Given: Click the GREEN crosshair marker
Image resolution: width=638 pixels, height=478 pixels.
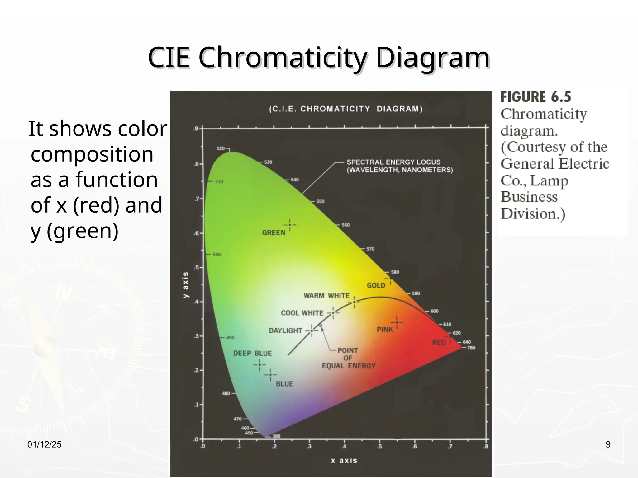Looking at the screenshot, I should point(290,225).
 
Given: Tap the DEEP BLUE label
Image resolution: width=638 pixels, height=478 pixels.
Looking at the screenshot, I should point(252,354).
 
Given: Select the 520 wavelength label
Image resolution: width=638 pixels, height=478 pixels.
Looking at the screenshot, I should point(221,148).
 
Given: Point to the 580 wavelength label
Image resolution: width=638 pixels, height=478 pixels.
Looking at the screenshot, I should point(395,272).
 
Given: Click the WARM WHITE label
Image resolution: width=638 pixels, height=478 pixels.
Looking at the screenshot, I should point(326,296).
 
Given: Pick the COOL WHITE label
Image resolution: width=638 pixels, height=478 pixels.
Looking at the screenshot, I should point(302,313).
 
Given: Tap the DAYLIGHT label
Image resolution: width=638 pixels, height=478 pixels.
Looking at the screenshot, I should point(285,330).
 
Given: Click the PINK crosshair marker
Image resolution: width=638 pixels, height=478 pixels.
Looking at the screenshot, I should point(397,322).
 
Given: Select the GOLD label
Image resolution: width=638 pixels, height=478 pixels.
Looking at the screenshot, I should point(376,285).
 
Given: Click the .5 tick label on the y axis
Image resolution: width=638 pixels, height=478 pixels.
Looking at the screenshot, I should point(196,268).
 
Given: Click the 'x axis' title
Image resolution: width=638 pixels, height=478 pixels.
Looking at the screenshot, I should point(344,461).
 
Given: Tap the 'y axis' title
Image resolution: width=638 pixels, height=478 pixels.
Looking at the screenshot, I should point(186,285).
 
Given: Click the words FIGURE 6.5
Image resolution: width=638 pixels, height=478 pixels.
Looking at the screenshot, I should point(536,97).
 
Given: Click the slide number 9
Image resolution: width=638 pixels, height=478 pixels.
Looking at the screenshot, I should point(608,444).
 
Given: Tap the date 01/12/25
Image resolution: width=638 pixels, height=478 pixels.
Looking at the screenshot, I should point(44,444).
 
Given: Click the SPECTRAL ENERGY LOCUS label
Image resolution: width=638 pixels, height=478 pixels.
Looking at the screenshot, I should point(393,162).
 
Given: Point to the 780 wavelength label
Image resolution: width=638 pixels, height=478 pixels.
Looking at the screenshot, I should point(471,348).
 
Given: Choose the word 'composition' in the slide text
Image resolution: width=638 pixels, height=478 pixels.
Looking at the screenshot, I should point(92,154).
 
